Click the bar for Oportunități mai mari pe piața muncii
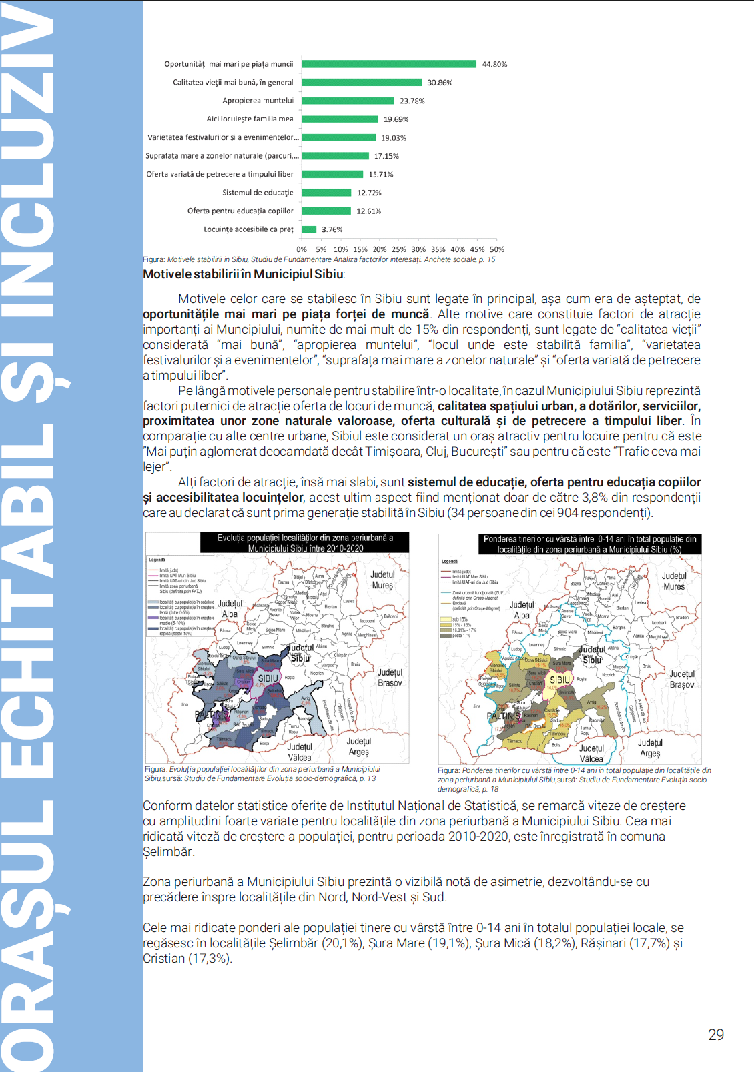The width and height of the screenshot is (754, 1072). click(389, 64)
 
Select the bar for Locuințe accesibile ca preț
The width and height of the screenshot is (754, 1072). click(309, 229)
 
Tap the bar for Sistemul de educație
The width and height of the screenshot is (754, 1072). click(326, 193)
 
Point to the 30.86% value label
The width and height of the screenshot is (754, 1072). click(440, 83)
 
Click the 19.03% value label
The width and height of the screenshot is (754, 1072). click(394, 138)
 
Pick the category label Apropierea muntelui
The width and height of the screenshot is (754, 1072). click(258, 101)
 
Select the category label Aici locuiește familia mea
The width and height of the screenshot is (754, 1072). click(250, 119)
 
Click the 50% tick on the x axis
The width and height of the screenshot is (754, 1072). click(497, 249)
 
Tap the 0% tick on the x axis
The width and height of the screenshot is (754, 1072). click(302, 249)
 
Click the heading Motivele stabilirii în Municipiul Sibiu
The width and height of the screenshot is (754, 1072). click(244, 274)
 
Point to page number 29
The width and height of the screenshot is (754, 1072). click(716, 1035)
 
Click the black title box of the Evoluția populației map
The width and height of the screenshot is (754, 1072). click(305, 542)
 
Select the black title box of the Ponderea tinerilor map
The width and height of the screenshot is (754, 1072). click(590, 544)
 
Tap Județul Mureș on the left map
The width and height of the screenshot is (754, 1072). click(382, 580)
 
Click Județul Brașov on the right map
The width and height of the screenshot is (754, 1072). click(682, 679)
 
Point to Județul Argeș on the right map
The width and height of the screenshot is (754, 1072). click(650, 748)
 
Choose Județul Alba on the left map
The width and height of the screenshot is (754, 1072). click(230, 608)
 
